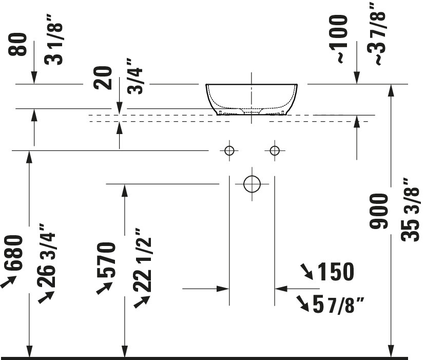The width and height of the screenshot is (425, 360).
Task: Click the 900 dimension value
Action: tap(379, 211)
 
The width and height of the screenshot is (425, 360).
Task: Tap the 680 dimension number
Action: tap(13, 253)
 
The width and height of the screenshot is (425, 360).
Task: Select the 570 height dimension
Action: tap(107, 260)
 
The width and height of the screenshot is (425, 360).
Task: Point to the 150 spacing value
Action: tap(336, 271)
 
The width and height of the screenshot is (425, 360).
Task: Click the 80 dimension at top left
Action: tap(18, 45)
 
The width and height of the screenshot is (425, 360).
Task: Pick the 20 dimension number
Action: tap(103, 78)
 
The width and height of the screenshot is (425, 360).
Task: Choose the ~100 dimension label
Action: tap(338, 39)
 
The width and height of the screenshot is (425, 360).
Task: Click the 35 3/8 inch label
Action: tap(411, 210)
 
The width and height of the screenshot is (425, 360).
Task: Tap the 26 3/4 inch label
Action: tap(47, 256)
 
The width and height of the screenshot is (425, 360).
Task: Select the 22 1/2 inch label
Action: tap(142, 260)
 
